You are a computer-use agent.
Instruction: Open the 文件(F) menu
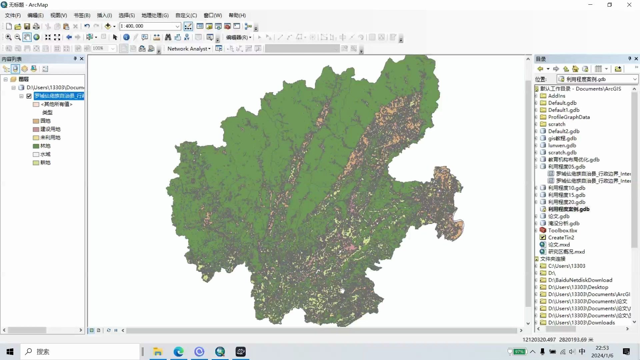pos(13,15)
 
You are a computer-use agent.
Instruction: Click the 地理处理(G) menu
pos(155,15)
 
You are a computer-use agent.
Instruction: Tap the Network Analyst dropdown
pos(189,49)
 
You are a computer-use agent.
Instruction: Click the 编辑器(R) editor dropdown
pos(239,37)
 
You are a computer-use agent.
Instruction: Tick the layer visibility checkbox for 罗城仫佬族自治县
pos(29,96)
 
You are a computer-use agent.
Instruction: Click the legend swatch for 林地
pos(36,146)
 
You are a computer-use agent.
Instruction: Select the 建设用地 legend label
pos(50,129)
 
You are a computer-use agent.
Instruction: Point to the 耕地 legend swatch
pos(36,163)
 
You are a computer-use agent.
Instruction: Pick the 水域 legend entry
pos(45,154)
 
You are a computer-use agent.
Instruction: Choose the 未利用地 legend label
pos(50,138)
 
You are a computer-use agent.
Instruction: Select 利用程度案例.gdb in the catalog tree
pos(569,209)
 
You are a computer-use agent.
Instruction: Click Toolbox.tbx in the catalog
pos(562,230)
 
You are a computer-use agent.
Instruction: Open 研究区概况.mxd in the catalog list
pos(566,252)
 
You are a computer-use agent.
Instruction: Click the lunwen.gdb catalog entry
pos(562,145)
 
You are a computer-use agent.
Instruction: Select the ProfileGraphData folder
pos(569,117)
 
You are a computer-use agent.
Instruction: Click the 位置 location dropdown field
pos(597,79)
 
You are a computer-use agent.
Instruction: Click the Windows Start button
pos(10,352)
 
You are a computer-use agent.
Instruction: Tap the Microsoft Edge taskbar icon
pos(178,352)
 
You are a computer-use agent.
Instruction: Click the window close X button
pos(629,5)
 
